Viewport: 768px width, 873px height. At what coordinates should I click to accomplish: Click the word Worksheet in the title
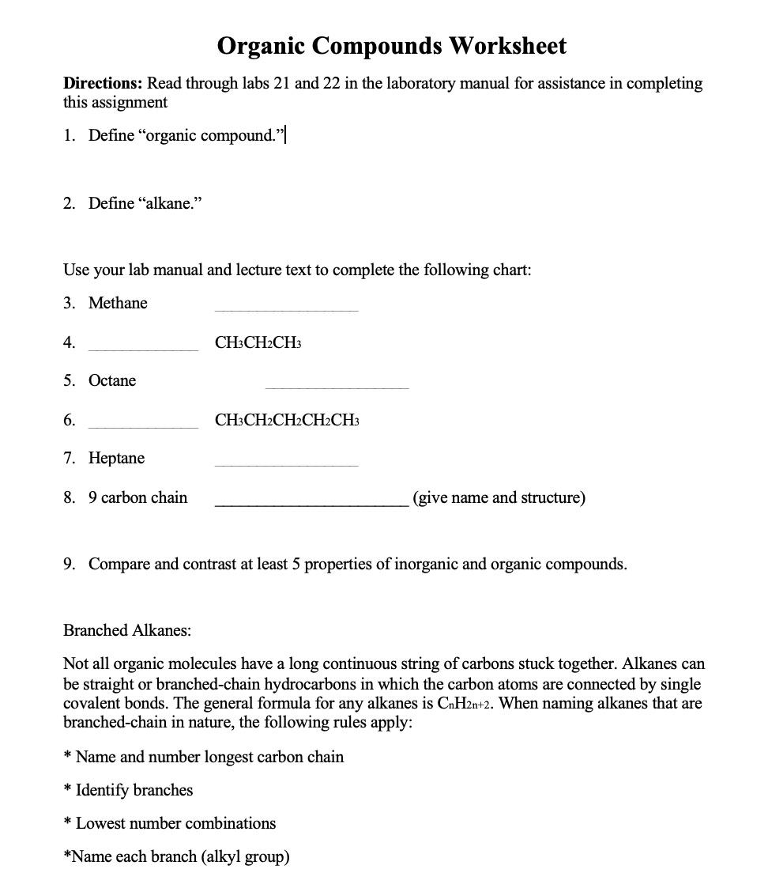pos(508,46)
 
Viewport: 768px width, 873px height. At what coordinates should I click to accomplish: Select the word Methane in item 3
pos(118,304)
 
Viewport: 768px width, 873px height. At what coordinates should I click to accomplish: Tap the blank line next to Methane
pos(286,309)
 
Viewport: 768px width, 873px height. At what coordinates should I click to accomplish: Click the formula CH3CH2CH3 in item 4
pos(258,343)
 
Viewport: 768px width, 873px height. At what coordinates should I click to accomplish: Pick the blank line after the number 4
pos(143,348)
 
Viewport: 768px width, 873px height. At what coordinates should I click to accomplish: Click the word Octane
pos(112,381)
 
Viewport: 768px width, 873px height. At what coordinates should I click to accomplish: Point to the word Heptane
pos(116,459)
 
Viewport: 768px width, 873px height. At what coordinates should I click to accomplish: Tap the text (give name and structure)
pos(499,498)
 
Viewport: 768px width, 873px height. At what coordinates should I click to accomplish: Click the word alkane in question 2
pos(169,204)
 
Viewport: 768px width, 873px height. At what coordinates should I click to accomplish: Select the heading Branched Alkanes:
pos(127,631)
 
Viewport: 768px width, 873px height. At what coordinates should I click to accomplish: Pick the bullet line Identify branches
pos(134,791)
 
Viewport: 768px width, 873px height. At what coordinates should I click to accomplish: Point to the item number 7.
pos(70,459)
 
